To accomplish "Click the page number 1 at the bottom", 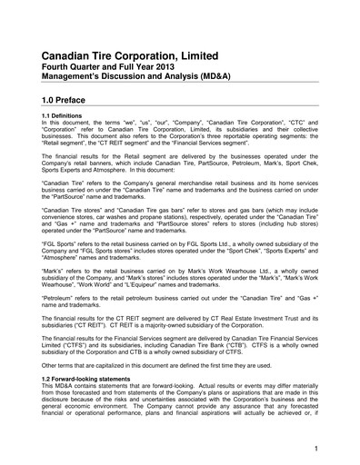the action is pyautogui.click(x=315, y=448).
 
